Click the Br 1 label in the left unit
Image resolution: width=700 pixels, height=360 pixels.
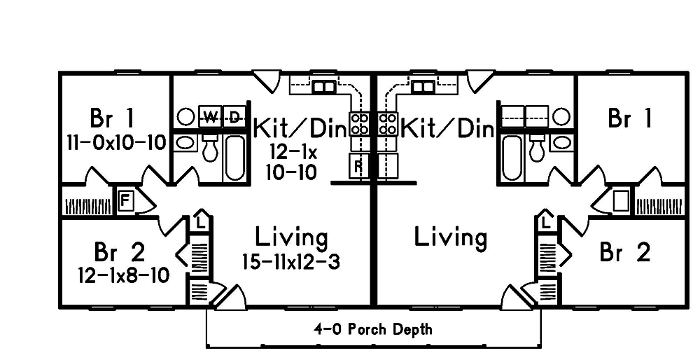coord(111,118)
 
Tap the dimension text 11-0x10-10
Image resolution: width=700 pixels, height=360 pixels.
coord(116,143)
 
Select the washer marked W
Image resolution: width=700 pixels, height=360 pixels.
coord(210,117)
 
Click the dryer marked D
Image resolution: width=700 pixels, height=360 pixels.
coord(234,117)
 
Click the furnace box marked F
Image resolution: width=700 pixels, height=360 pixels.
coord(125,200)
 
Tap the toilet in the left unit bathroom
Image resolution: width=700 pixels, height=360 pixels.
coord(209,147)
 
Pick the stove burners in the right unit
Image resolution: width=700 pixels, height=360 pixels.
coord(388,123)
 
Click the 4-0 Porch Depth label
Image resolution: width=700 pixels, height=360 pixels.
coord(373,330)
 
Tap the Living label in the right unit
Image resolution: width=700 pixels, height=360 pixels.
coord(450,237)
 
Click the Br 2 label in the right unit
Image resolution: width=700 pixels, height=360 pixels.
coord(625,252)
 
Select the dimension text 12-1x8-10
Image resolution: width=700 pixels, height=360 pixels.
coord(124,275)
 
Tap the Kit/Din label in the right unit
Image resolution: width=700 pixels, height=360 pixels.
coord(448,129)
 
